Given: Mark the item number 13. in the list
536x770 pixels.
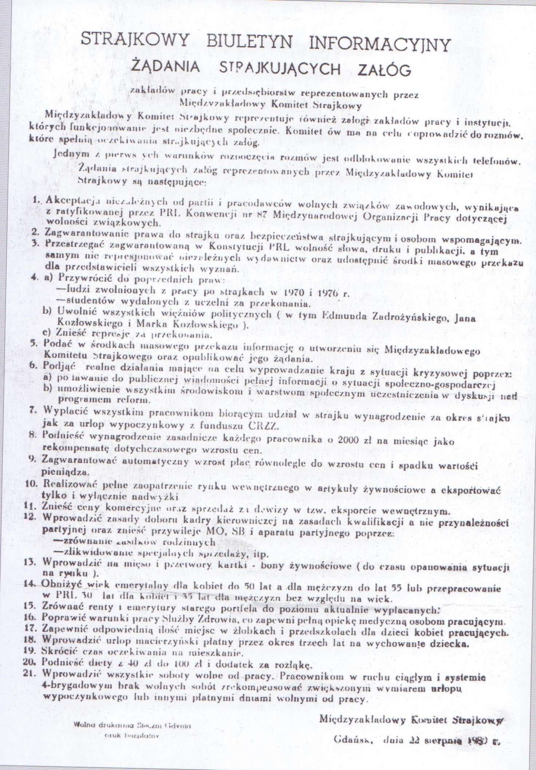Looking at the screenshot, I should pos(35,561).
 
